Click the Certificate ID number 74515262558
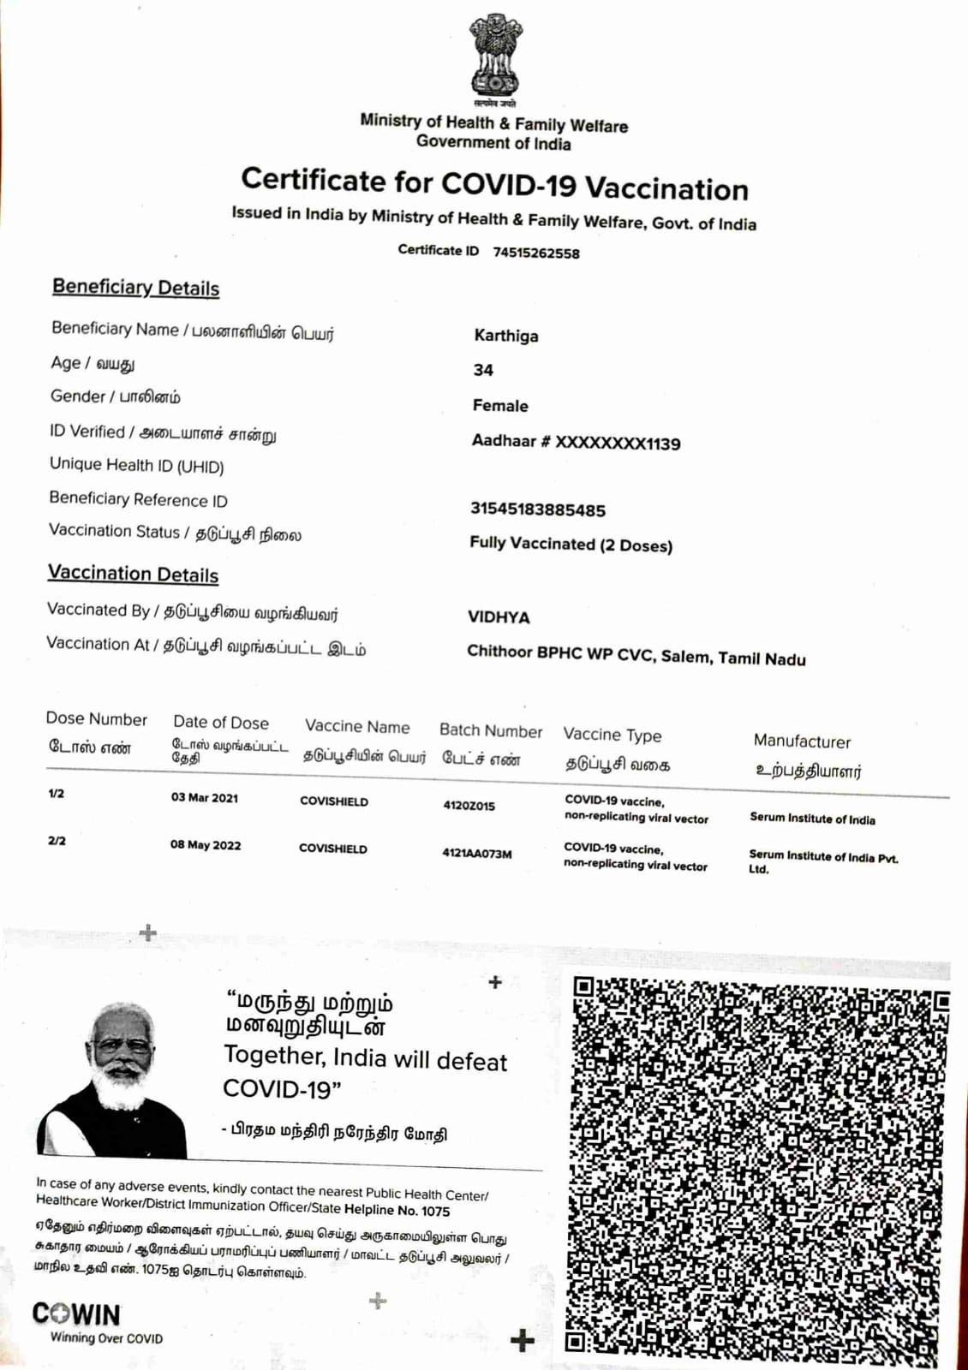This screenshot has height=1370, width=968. tap(536, 253)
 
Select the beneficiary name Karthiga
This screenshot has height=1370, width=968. tap(506, 336)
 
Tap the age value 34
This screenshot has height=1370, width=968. tap(483, 370)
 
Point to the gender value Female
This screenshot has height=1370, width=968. tap(500, 406)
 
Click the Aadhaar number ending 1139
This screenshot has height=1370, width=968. tap(576, 443)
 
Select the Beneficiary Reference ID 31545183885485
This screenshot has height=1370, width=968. tap(537, 509)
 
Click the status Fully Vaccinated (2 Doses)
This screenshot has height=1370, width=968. tap(571, 545)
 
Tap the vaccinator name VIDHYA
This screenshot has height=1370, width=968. tap(499, 617)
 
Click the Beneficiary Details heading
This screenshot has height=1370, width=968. tap(135, 288)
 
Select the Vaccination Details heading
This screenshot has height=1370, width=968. tap(133, 574)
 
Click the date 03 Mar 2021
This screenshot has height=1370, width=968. tap(205, 798)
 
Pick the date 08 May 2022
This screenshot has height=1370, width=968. tap(206, 845)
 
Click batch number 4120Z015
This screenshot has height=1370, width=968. tap(469, 806)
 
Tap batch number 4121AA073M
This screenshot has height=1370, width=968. tap(477, 854)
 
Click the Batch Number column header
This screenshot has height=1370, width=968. tap(491, 730)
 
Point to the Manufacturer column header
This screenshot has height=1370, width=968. tap(802, 742)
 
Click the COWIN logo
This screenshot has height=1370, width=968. tap(77, 1314)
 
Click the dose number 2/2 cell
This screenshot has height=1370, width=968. tap(57, 841)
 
